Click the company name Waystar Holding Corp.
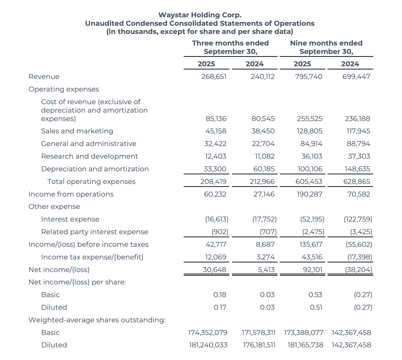pyautogui.click(x=200, y=15)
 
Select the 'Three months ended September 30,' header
pyautogui.click(x=230, y=47)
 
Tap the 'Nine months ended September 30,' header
pyautogui.click(x=326, y=47)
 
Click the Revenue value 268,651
pyautogui.click(x=214, y=77)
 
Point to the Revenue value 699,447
pyautogui.click(x=356, y=77)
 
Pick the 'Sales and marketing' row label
pyautogui.click(x=77, y=131)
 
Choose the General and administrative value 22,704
pyautogui.click(x=263, y=144)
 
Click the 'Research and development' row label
pyautogui.click(x=89, y=156)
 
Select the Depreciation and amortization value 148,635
pyautogui.click(x=357, y=169)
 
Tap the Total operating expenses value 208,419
pyautogui.click(x=213, y=182)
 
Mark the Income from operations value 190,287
pyautogui.click(x=309, y=194)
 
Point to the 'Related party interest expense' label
pyautogui.click(x=95, y=232)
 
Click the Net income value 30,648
pyautogui.click(x=214, y=270)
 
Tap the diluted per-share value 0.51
pyautogui.click(x=316, y=307)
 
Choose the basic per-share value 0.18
pyautogui.click(x=220, y=295)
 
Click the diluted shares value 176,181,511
pyautogui.click(x=259, y=345)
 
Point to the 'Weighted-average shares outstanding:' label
pyautogui.click(x=97, y=320)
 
